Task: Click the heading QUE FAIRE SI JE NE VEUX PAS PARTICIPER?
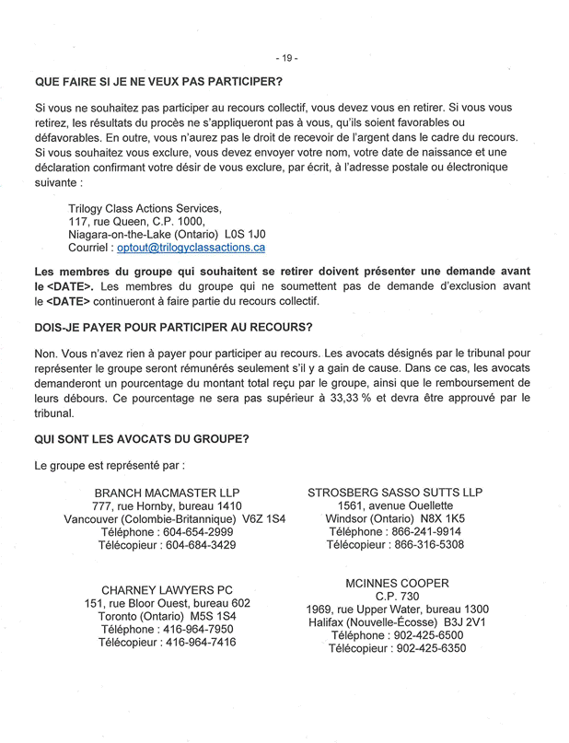pyautogui.click(x=159, y=84)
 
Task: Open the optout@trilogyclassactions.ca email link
pyautogui.click(x=191, y=248)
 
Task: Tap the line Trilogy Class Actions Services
pyautogui.click(x=145, y=207)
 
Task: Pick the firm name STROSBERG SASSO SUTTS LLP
pyautogui.click(x=395, y=493)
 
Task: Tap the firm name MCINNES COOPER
pyautogui.click(x=397, y=584)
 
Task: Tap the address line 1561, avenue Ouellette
pyautogui.click(x=395, y=505)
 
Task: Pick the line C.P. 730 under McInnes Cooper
pyautogui.click(x=397, y=597)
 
